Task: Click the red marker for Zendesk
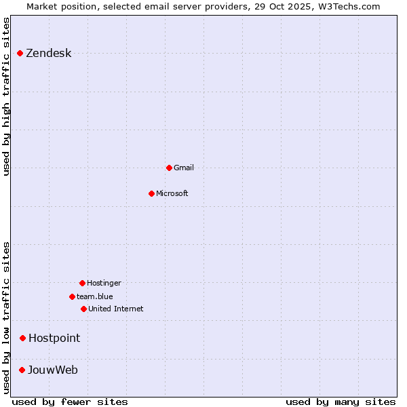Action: pyautogui.click(x=20, y=53)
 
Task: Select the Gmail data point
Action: pyautogui.click(x=169, y=168)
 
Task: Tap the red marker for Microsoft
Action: pyautogui.click(x=151, y=193)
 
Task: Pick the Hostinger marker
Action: pyautogui.click(x=82, y=283)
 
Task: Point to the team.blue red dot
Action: pyautogui.click(x=72, y=296)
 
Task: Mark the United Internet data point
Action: pyautogui.click(x=83, y=309)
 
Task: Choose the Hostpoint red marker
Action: pyautogui.click(x=22, y=338)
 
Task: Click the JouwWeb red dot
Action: pyautogui.click(x=22, y=370)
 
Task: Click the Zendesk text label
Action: pyautogui.click(x=48, y=54)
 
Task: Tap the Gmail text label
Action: pyautogui.click(x=184, y=168)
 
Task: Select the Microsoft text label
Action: pyautogui.click(x=172, y=193)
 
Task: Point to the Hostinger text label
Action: pyautogui.click(x=104, y=283)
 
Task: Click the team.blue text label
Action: pyautogui.click(x=95, y=296)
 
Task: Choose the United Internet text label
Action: pyautogui.click(x=116, y=309)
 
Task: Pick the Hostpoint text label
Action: pyautogui.click(x=54, y=338)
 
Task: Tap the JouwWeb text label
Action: pyautogui.click(x=53, y=370)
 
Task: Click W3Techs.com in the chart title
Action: pyautogui.click(x=349, y=6)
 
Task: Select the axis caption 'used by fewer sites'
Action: pyautogui.click(x=70, y=402)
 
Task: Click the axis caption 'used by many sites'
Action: pyautogui.click(x=341, y=402)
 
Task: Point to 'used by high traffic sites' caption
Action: pyautogui.click(x=6, y=96)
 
